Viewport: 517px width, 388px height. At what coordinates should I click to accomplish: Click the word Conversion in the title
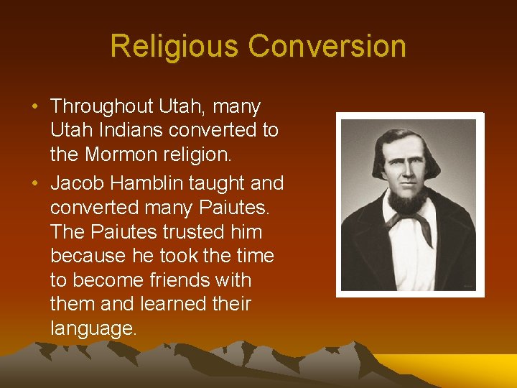tap(327, 47)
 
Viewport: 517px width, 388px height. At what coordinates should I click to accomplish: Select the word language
tap(93, 329)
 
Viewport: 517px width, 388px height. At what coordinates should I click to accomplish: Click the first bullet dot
tap(35, 107)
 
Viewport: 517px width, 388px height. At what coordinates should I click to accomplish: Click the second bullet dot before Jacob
tap(35, 184)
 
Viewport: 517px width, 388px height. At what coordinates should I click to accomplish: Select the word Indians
tap(130, 130)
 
